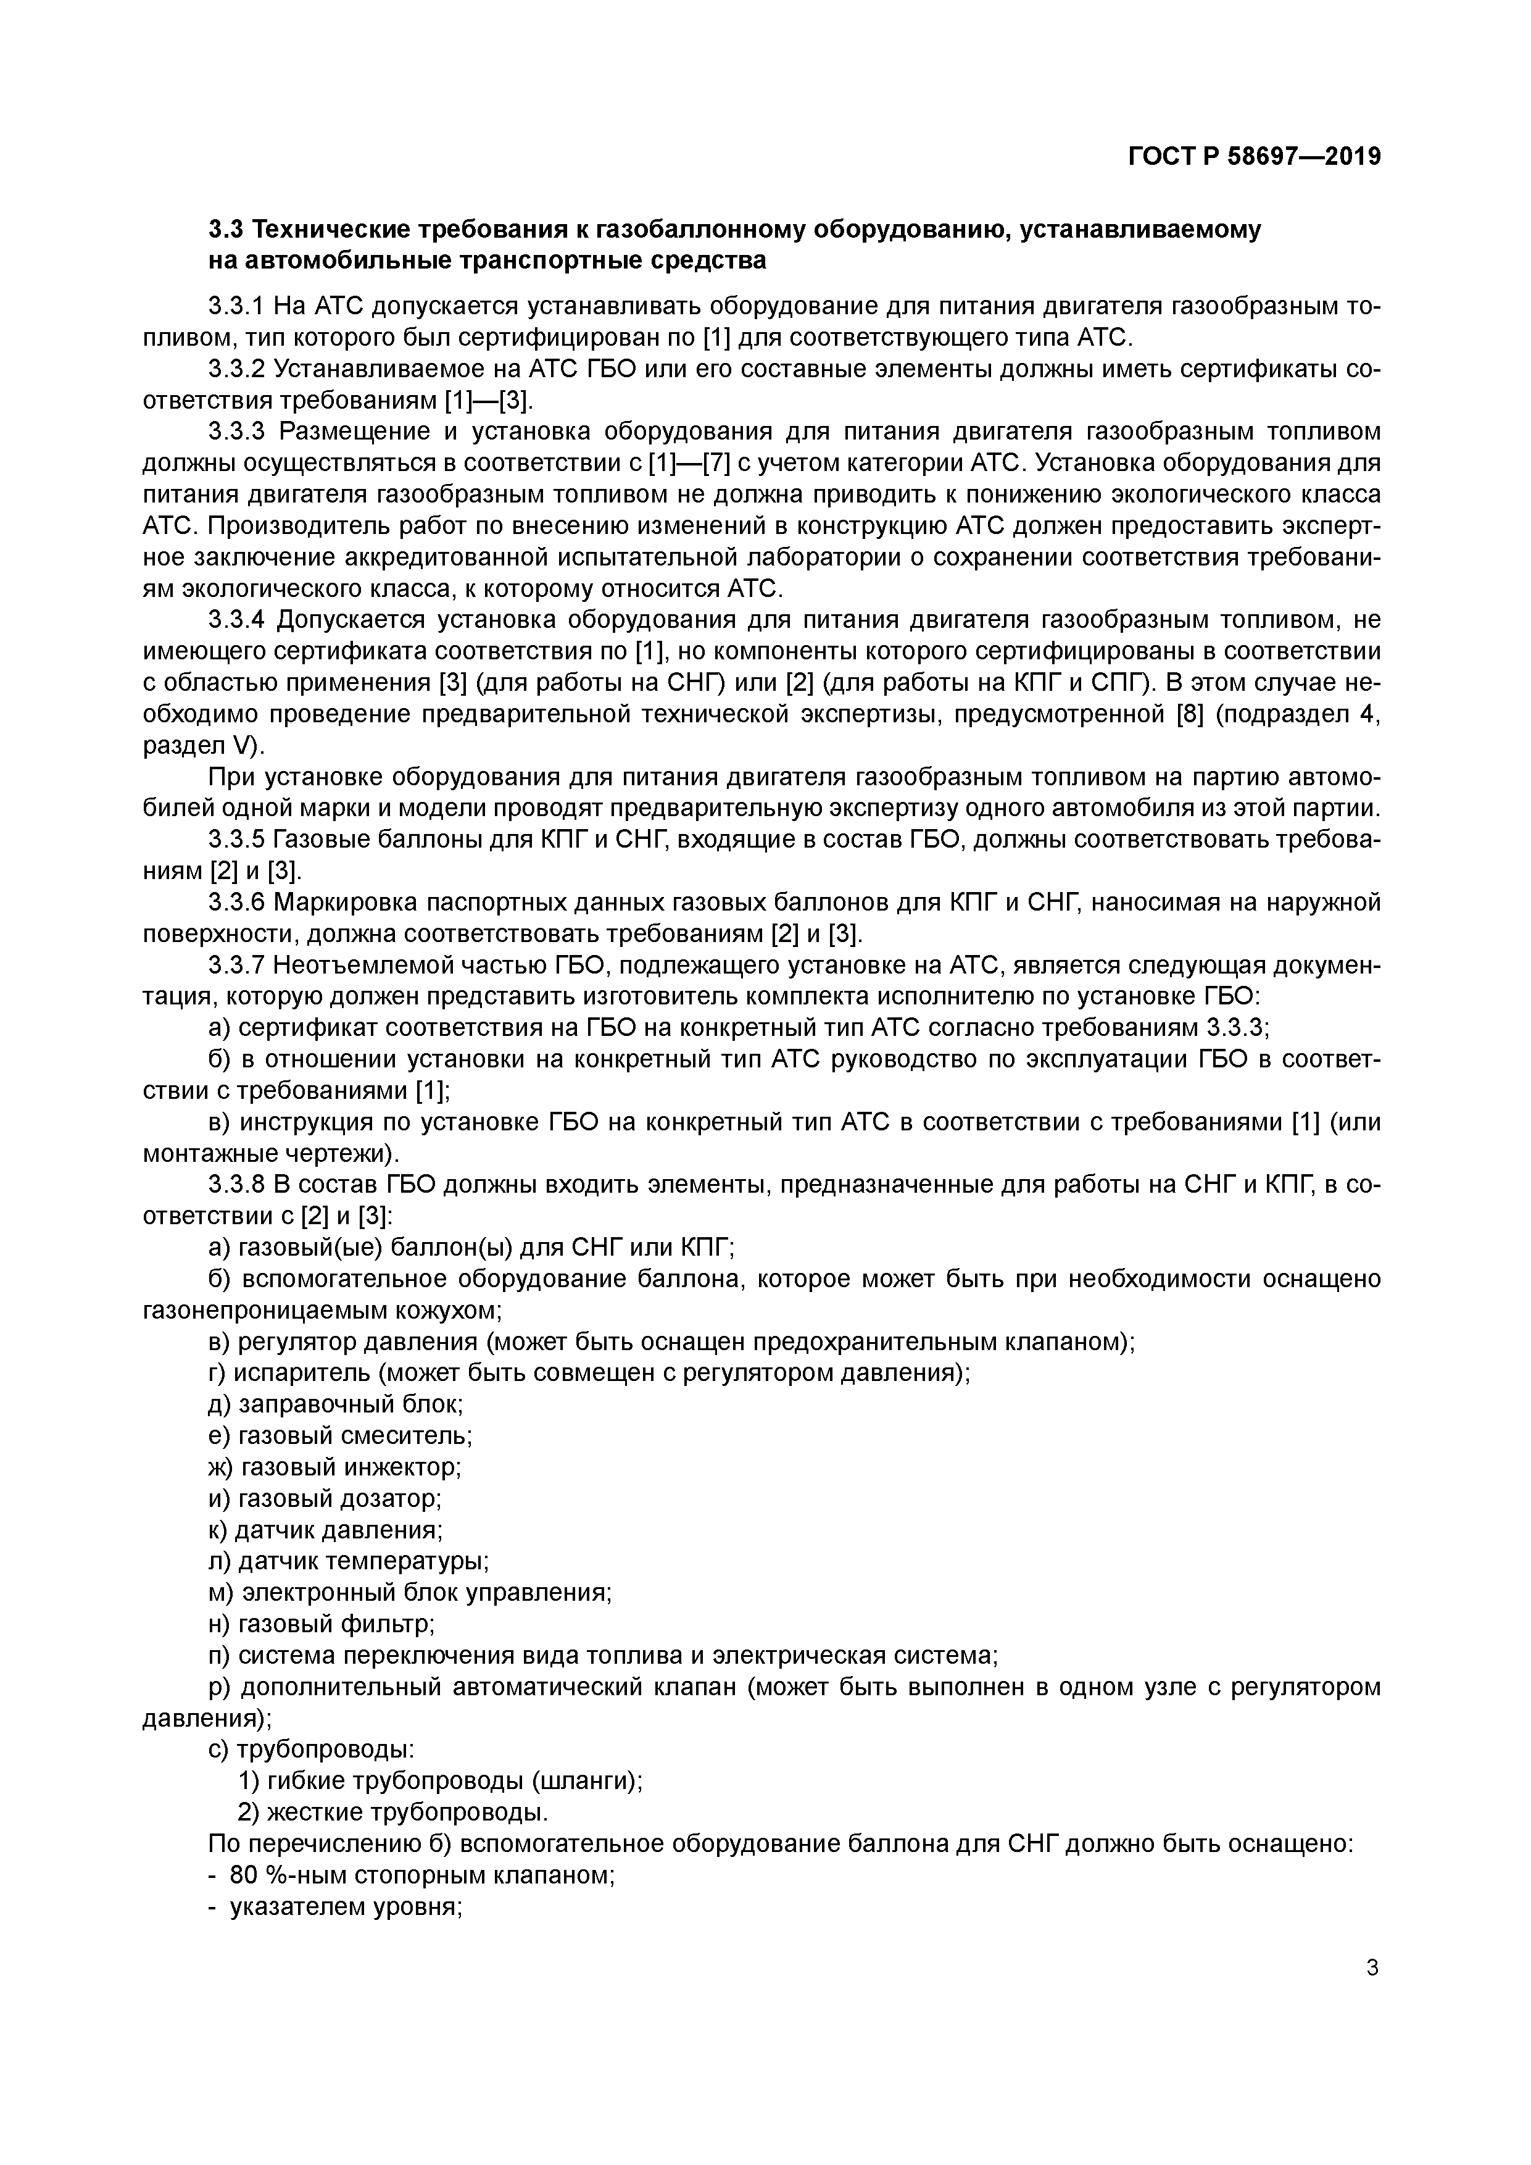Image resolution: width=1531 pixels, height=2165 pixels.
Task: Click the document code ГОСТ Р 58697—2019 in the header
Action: coord(1254,157)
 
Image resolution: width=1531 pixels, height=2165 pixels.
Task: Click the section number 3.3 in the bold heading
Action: coord(226,229)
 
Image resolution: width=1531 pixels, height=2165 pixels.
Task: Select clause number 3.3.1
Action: coord(236,306)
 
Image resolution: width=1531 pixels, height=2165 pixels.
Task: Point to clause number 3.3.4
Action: coord(236,620)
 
